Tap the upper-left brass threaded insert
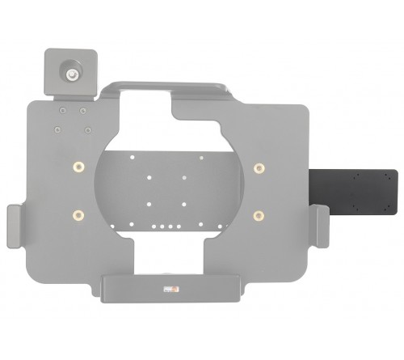[78, 167]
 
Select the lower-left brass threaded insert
[78, 214]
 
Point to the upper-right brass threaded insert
[259, 167]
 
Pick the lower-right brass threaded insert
[259, 214]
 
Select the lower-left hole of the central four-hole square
[149, 202]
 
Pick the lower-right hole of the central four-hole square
[185, 202]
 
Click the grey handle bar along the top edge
[170, 85]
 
